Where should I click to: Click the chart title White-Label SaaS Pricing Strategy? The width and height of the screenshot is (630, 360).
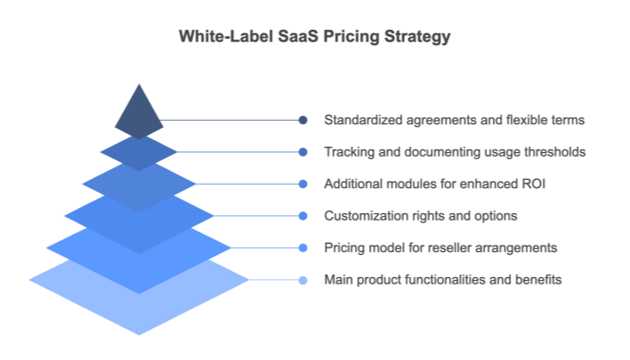pyautogui.click(x=314, y=37)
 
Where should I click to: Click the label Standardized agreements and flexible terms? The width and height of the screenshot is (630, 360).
pyautogui.click(x=454, y=120)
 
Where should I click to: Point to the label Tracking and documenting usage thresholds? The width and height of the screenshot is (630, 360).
pyautogui.click(x=454, y=152)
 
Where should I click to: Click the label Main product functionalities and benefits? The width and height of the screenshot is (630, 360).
pyautogui.click(x=443, y=280)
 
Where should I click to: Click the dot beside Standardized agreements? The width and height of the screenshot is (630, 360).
pyautogui.click(x=303, y=120)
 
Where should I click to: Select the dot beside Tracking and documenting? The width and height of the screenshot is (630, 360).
pyautogui.click(x=303, y=152)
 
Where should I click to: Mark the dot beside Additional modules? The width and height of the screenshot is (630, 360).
pyautogui.click(x=303, y=184)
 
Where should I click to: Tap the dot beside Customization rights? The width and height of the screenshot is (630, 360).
pyautogui.click(x=303, y=216)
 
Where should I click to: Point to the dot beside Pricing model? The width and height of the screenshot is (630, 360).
pyautogui.click(x=303, y=247)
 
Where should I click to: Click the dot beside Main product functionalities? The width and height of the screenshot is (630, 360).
pyautogui.click(x=303, y=280)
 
